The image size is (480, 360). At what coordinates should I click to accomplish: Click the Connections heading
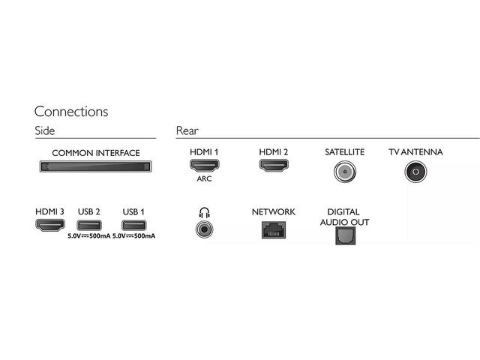(x=71, y=112)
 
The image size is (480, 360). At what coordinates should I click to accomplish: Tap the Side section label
(x=44, y=131)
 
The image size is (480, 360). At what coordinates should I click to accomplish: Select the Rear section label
(x=187, y=131)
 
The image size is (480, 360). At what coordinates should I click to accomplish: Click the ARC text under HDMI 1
(x=204, y=180)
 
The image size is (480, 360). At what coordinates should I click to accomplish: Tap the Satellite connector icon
(x=344, y=172)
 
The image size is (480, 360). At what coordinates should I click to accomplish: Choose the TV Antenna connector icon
(x=415, y=172)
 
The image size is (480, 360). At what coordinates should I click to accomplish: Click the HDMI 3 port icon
(x=49, y=226)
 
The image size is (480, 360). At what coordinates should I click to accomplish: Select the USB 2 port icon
(x=88, y=226)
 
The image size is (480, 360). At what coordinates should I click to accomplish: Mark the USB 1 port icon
(x=133, y=226)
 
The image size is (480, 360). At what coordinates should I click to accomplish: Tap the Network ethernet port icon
(x=273, y=229)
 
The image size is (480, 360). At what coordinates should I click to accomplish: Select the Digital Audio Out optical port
(x=344, y=235)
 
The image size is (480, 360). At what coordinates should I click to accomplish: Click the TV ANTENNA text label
(x=415, y=152)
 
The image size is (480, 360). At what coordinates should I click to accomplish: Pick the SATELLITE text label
(x=344, y=152)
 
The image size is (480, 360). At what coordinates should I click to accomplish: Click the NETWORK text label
(x=273, y=212)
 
